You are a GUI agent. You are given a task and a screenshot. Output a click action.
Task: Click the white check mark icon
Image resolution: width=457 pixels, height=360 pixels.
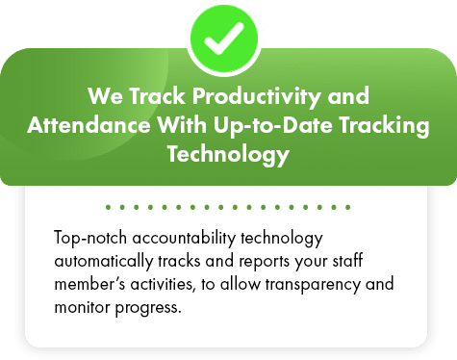[224, 38]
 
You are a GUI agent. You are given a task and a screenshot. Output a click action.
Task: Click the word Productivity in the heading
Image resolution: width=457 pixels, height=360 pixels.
[256, 96]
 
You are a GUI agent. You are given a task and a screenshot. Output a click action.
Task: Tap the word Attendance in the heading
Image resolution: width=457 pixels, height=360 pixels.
[89, 125]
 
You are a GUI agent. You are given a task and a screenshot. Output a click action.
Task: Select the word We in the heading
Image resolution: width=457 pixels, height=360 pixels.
[105, 96]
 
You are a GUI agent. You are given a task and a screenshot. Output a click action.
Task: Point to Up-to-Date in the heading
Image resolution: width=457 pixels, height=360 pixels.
[273, 126]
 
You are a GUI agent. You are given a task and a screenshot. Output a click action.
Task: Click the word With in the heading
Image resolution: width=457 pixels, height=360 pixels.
[182, 125]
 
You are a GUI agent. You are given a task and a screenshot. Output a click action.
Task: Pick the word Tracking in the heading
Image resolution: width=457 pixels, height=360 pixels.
[384, 126]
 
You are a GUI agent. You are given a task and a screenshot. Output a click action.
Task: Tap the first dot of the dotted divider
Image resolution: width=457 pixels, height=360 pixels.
[108, 207]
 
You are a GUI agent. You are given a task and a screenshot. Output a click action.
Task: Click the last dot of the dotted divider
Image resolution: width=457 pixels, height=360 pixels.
[348, 207]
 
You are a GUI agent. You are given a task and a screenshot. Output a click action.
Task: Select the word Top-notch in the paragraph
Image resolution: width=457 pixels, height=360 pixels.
[90, 239]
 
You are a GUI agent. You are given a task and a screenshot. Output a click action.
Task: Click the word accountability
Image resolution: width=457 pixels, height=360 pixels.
[184, 239]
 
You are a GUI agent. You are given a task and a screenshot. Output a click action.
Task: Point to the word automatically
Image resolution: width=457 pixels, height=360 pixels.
[104, 262]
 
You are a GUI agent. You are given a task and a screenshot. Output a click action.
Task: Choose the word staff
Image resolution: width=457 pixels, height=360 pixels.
[347, 261]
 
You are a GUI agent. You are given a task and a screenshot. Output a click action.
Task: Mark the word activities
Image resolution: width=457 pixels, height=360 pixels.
[163, 285]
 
